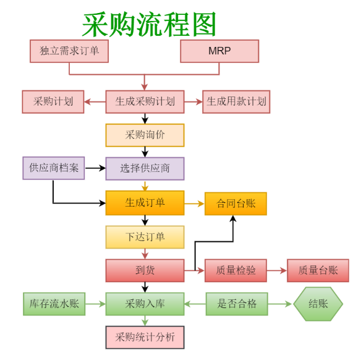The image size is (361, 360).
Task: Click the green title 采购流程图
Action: [149, 24]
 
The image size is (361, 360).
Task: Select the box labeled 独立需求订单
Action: [69, 51]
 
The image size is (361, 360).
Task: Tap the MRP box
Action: [219, 51]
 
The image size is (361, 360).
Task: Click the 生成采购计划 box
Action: [145, 101]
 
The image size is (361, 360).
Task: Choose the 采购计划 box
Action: [53, 101]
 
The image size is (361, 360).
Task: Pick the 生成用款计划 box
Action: [236, 101]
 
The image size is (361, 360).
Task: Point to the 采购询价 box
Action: [145, 135]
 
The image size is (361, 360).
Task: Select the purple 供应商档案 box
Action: [54, 168]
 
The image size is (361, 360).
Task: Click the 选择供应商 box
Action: [145, 168]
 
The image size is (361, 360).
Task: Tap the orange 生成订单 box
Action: [145, 203]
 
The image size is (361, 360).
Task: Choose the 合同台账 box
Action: [236, 204]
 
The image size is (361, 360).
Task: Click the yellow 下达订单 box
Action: [145, 237]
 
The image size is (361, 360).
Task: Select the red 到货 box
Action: [145, 270]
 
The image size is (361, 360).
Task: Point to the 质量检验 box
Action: [236, 270]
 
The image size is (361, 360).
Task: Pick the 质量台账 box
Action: [318, 270]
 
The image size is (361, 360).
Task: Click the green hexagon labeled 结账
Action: [318, 304]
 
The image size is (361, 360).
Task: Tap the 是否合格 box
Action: [237, 304]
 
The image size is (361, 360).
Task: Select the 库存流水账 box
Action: [54, 304]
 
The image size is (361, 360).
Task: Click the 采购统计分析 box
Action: [145, 337]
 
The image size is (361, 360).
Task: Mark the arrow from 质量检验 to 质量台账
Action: [277, 270]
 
